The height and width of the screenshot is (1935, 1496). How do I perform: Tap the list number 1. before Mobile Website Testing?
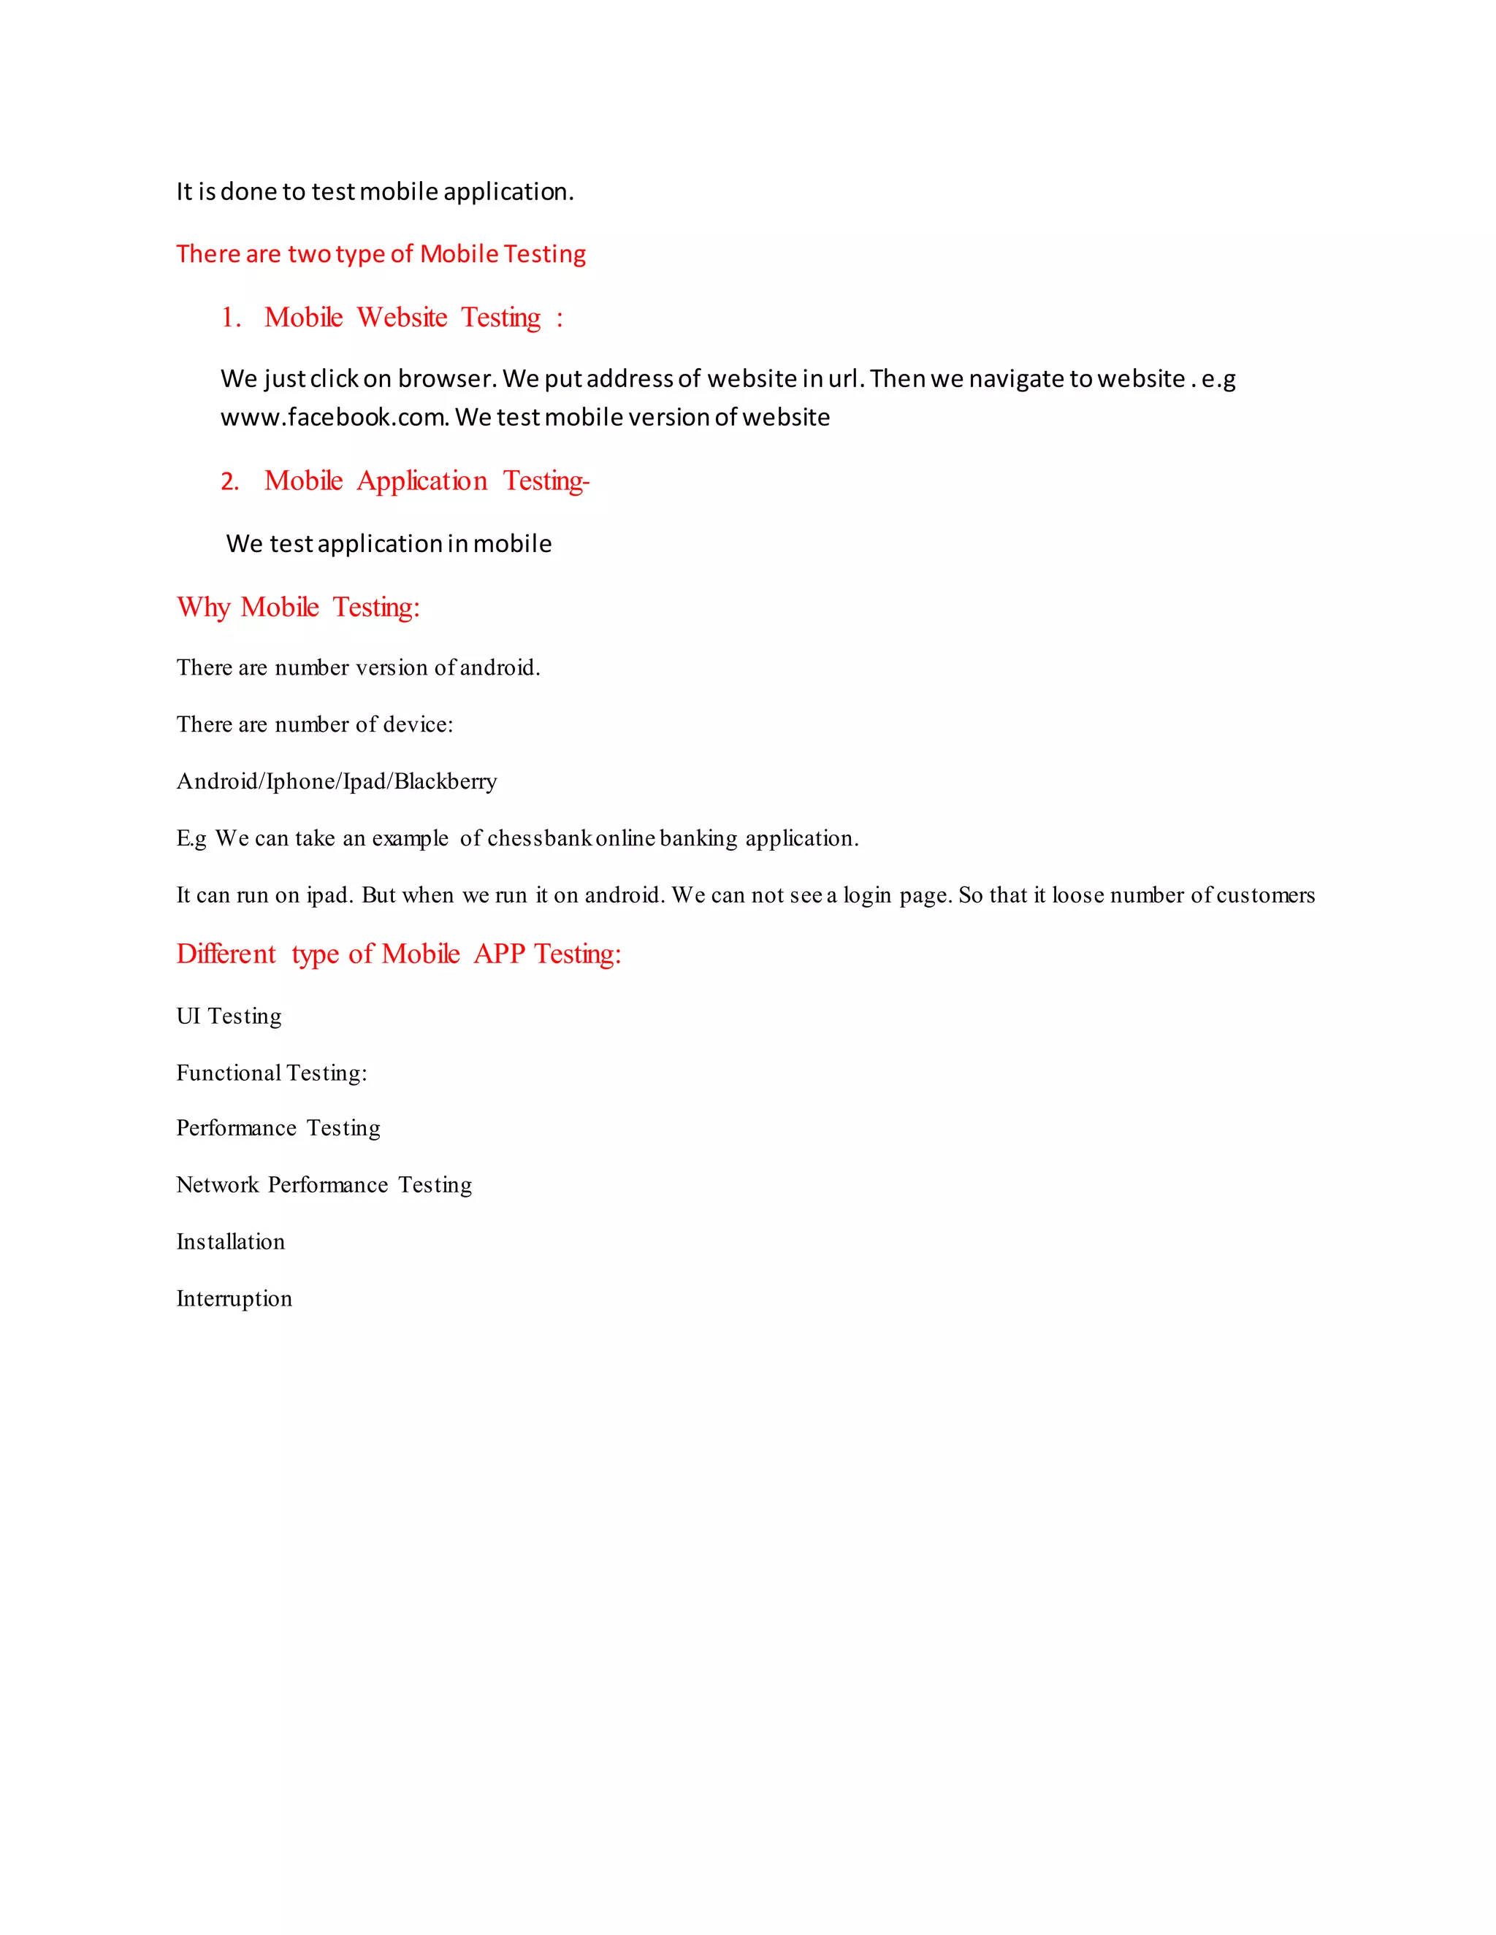232,318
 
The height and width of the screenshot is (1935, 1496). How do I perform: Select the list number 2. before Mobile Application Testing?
230,482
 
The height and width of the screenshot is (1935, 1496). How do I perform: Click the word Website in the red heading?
402,317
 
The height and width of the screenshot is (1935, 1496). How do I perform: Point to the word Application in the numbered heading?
422,481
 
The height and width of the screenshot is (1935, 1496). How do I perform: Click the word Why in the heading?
203,608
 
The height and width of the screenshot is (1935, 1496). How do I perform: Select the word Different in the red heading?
226,954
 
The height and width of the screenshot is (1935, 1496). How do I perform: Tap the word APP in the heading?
499,954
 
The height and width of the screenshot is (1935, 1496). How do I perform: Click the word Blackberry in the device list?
445,781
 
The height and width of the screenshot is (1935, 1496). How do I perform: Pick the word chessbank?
540,838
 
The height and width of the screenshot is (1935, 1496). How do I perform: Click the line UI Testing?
229,1016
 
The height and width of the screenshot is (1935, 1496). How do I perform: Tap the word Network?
217,1185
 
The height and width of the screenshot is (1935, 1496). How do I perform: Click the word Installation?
230,1242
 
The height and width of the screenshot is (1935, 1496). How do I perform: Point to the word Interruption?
234,1299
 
